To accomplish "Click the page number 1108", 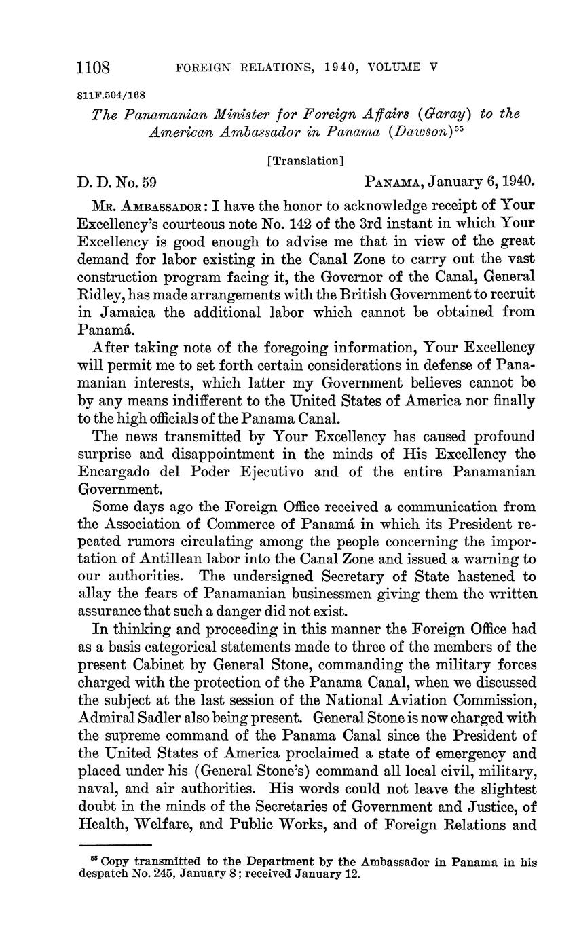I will pos(94,67).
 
